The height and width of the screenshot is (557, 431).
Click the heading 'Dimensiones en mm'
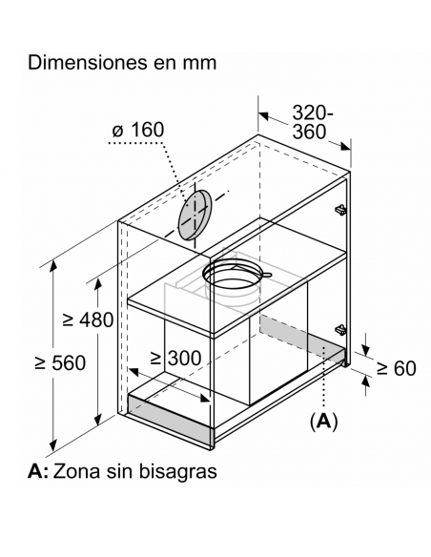coord(122,63)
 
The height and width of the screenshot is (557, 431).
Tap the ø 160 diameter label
coord(138,130)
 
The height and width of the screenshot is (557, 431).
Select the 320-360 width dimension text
coord(313,122)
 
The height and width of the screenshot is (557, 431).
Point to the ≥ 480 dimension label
coord(88,320)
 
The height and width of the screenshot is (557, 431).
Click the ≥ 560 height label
coord(60,362)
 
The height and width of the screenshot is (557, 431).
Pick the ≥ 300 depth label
coord(175,358)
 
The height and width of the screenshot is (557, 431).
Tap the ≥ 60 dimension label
coord(396,368)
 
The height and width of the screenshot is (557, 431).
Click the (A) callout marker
coord(324,422)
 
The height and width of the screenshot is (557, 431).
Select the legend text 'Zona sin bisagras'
coord(134,471)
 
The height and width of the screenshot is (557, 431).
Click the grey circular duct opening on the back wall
coord(195,215)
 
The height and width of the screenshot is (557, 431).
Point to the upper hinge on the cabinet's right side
coord(340,210)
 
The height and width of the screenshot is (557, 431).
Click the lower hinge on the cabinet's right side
coord(340,330)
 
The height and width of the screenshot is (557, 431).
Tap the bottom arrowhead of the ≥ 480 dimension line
coord(98,420)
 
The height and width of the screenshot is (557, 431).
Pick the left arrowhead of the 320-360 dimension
coord(263,115)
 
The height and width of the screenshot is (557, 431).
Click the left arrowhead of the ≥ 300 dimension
coord(133,372)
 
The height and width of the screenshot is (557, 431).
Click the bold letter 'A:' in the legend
coord(38,471)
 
